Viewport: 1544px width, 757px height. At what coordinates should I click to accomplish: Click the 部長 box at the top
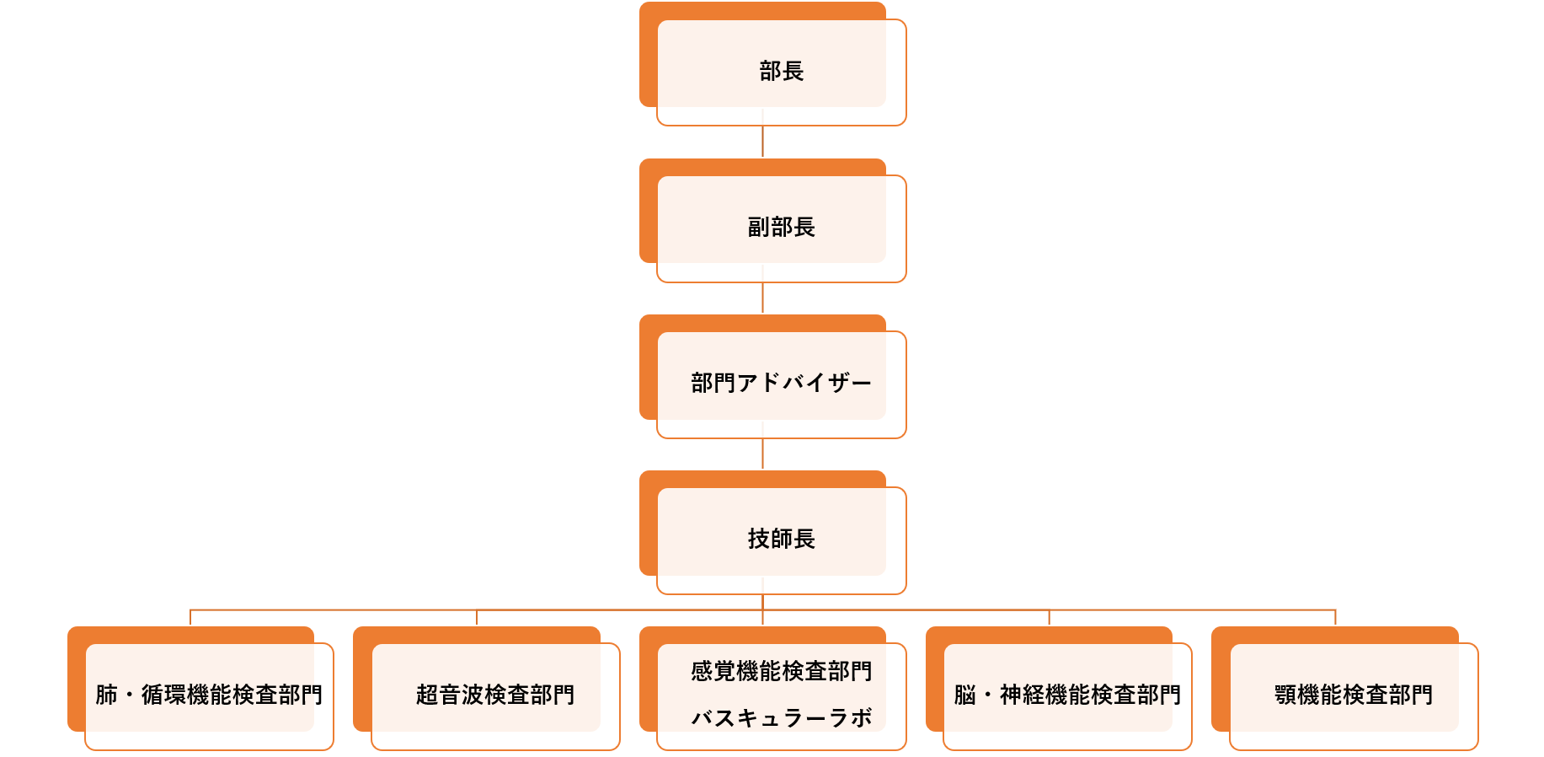(772, 64)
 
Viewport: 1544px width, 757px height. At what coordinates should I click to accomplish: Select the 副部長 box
(772, 221)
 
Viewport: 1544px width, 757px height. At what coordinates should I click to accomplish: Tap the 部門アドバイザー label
(781, 383)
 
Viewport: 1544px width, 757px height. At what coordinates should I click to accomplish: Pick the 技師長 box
(772, 533)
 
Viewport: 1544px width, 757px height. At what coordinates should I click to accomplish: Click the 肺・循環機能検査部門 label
(209, 695)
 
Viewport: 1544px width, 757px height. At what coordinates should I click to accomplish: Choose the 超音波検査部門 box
(487, 689)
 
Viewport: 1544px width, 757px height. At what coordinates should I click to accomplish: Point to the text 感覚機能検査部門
(781, 671)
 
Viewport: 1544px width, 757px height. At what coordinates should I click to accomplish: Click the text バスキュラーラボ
(781, 717)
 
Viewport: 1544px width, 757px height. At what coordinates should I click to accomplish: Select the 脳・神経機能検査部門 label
(1067, 695)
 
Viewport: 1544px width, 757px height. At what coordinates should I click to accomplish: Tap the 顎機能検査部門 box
(1344, 689)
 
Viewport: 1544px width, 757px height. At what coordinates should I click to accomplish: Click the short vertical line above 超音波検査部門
(477, 618)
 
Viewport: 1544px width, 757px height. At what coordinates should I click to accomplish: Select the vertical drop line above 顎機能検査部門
(1335, 618)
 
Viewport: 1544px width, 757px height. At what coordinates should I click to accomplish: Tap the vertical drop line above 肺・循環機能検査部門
(190, 618)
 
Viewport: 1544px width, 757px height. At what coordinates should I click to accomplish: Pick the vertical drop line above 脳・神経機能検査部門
(1049, 618)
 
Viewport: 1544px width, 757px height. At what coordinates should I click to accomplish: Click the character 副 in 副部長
(759, 227)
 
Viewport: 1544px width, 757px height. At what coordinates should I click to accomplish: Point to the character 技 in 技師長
(759, 539)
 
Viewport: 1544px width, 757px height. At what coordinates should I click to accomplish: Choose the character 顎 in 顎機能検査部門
(1285, 695)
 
